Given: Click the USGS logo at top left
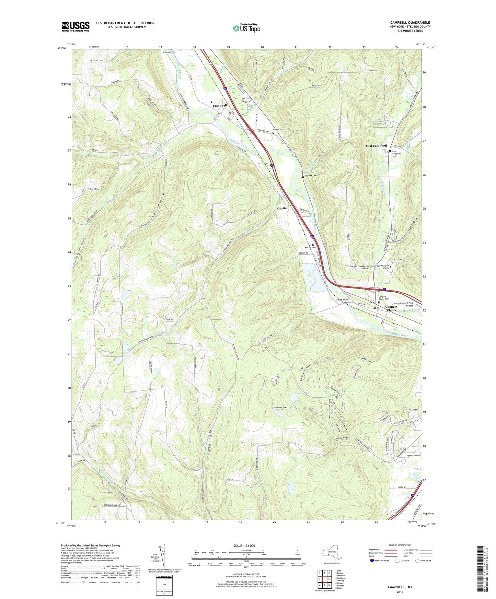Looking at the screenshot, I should coord(76,26).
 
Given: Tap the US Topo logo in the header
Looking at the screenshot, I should coord(246,28).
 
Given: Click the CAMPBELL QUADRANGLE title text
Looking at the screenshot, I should coord(410,23).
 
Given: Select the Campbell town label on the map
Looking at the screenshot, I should coord(220,106).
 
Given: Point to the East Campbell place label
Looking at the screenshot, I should coord(376,146).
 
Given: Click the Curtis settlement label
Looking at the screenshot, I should coord(282,208).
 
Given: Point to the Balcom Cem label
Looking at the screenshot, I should coord(310,248).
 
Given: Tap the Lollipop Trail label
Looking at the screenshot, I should coord(281,408).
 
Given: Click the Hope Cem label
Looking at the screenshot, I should coord(278,130).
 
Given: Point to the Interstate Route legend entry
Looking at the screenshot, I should coord(379,561).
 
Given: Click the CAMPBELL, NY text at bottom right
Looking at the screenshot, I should coord(400,587).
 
